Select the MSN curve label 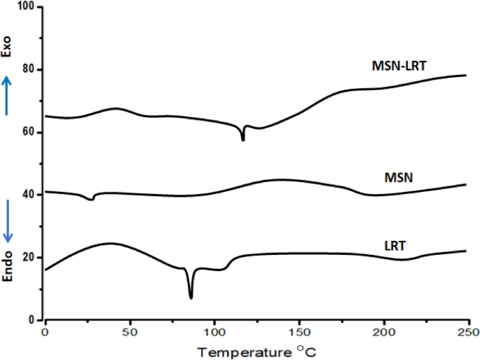point(399,178)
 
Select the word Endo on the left point(8,267)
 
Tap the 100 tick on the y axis point(30,7)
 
